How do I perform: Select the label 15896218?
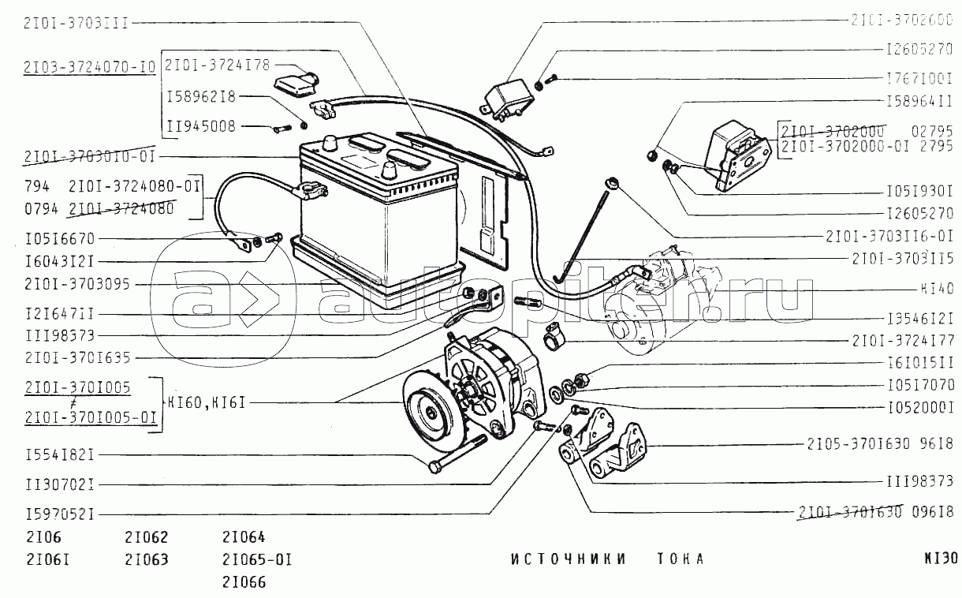(x=200, y=97)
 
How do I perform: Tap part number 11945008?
(x=200, y=126)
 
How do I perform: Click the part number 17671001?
(x=918, y=79)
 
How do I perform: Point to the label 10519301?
(x=918, y=190)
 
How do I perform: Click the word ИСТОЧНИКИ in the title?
(x=568, y=559)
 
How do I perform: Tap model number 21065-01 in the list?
(x=257, y=561)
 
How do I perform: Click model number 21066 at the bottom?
(x=244, y=583)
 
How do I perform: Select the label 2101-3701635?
(x=77, y=357)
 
